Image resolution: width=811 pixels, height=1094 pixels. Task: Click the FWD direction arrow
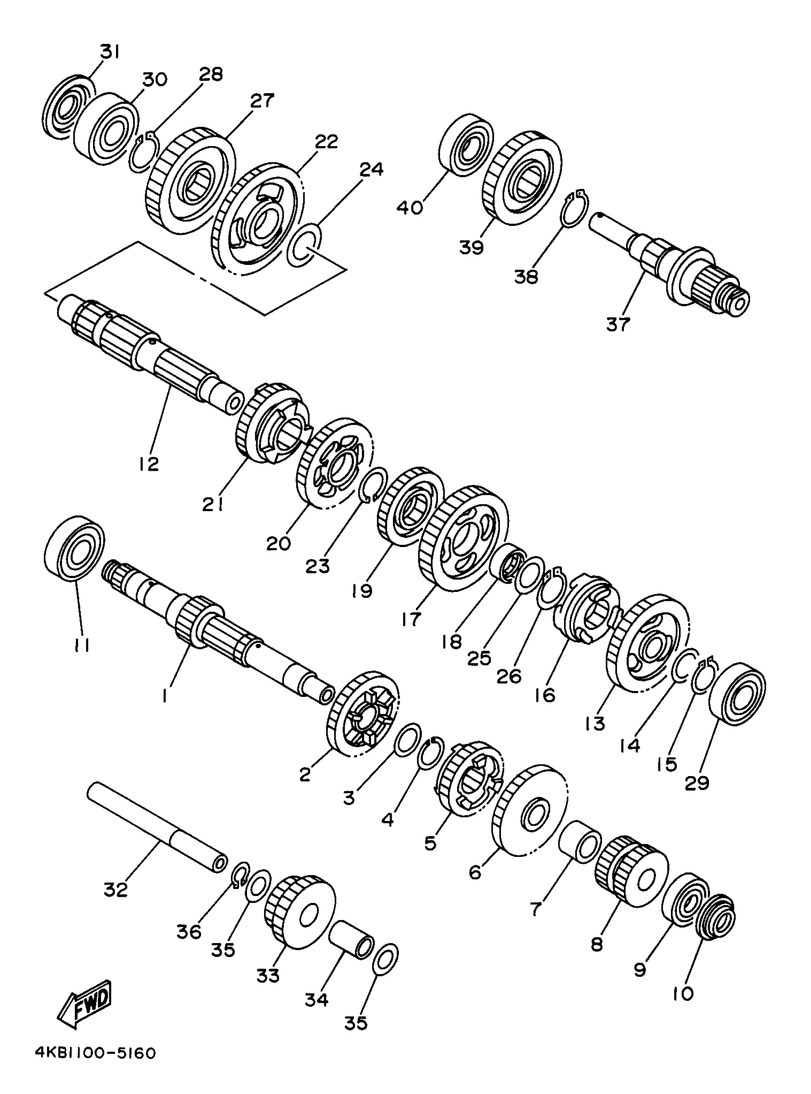[x=85, y=1000]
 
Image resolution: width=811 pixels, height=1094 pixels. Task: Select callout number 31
[x=111, y=51]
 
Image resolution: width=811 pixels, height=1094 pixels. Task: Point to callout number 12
[x=149, y=463]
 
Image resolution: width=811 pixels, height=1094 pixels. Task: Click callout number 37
[x=618, y=324]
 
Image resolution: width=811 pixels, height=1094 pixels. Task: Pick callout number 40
[x=410, y=207]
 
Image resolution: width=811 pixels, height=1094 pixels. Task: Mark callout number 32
[x=116, y=889]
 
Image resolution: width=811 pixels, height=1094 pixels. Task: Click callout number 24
[x=371, y=169]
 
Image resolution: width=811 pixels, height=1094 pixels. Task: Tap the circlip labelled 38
[x=572, y=209]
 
